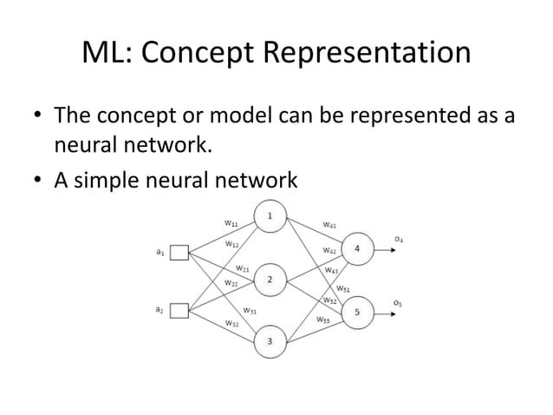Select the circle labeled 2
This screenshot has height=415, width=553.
pos(270,280)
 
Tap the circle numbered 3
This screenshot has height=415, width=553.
pos(270,341)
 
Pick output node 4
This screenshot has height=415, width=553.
pos(358,249)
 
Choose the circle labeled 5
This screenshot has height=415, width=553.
pos(358,311)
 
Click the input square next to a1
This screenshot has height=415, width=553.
pos(179,253)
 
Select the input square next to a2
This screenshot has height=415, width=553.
pos(179,310)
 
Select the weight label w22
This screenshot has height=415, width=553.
pos(231,282)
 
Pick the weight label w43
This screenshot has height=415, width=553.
pos(332,270)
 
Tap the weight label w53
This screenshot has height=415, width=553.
pos(322,319)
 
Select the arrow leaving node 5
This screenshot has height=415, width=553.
pos(387,311)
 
